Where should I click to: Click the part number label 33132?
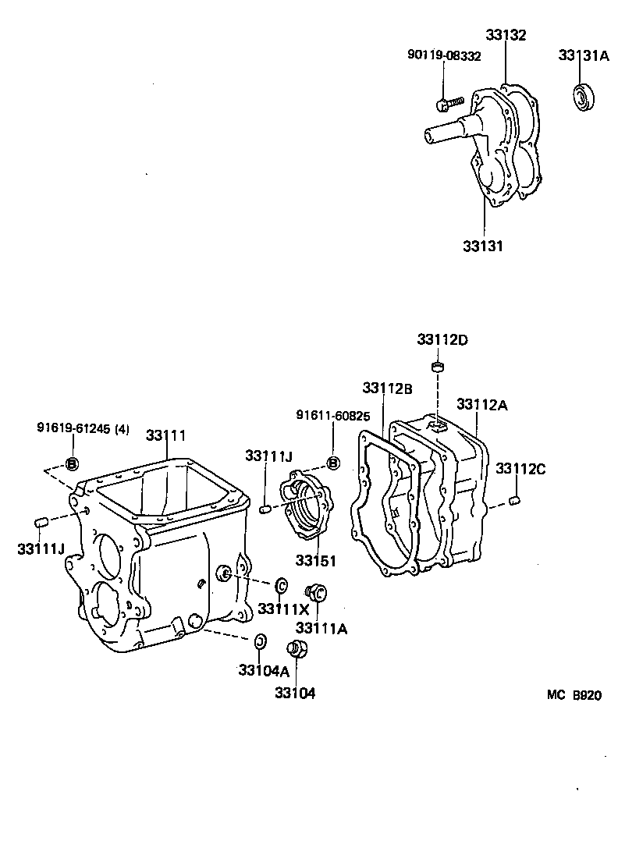506,35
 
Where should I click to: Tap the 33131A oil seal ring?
583,96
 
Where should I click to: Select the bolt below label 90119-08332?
449,102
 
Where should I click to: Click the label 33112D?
442,340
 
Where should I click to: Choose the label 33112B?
387,388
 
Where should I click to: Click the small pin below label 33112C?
513,499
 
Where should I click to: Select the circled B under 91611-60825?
333,463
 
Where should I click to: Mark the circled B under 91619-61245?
72,463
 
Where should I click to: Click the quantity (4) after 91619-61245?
122,428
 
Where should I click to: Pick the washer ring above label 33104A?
261,641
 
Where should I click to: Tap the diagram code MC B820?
574,696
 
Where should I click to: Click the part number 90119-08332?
444,55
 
